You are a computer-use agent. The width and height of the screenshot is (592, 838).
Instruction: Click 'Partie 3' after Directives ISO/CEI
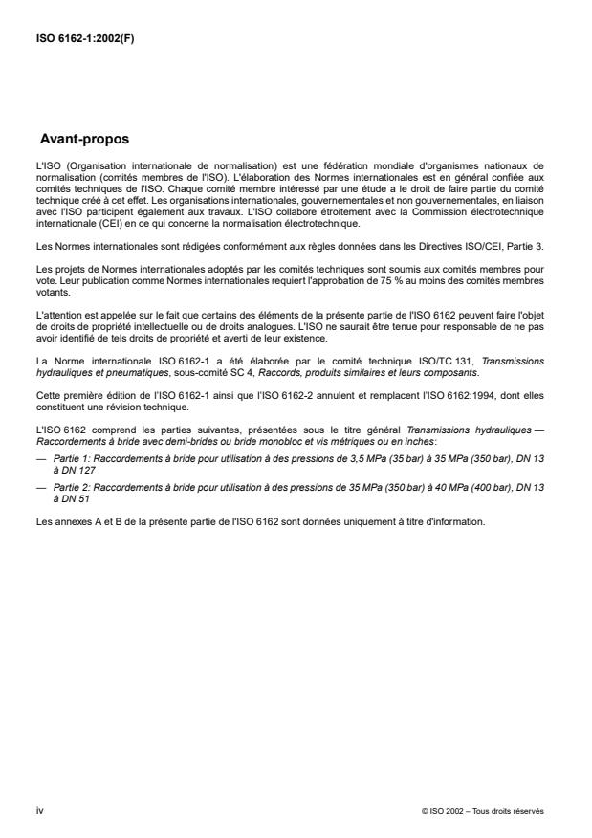524,247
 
